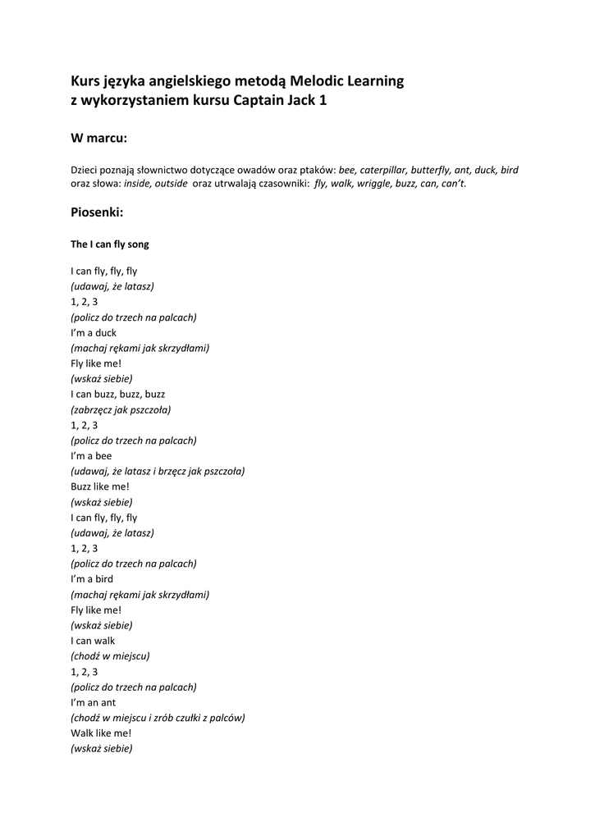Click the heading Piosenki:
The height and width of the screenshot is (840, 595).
coord(97,212)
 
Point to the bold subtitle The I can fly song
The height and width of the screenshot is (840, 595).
coord(110,244)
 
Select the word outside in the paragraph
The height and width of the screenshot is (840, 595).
coord(171,183)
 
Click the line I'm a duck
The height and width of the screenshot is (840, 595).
coord(94,333)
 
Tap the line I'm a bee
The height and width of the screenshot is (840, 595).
coord(91,456)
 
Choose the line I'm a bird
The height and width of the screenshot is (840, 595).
coord(92,579)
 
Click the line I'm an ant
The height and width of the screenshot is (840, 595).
coord(93,702)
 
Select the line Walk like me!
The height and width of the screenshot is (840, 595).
coord(101,733)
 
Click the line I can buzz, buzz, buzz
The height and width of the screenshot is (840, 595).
coord(118,395)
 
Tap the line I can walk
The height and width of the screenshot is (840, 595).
coord(93,641)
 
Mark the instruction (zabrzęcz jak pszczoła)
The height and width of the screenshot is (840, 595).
coord(121,409)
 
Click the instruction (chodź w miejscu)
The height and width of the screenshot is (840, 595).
coord(110,655)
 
